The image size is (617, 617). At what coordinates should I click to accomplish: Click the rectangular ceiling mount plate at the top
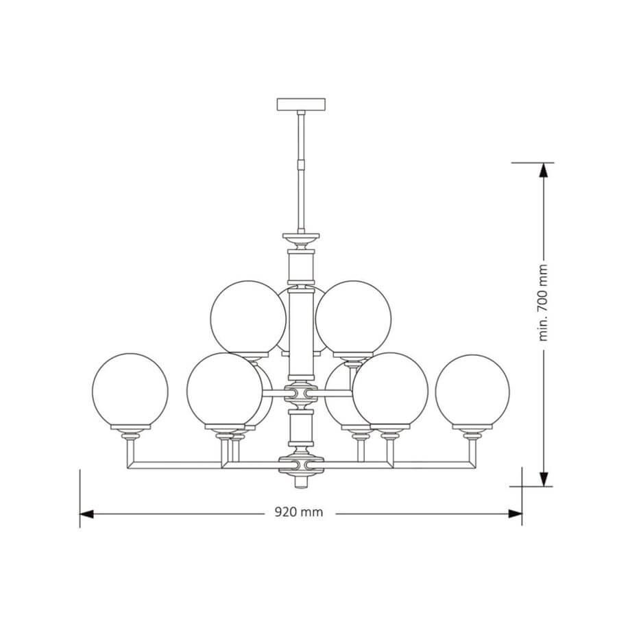[x=301, y=104]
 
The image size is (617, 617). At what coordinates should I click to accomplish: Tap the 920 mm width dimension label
[x=299, y=512]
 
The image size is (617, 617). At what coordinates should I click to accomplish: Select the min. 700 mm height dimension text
[x=543, y=302]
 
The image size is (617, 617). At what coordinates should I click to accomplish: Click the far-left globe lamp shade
[x=130, y=390]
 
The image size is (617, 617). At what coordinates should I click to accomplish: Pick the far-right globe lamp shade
[x=472, y=391]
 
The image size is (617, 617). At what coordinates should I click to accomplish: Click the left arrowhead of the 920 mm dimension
[x=86, y=514]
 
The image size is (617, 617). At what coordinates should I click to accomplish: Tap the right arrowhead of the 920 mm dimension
[x=515, y=513]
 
